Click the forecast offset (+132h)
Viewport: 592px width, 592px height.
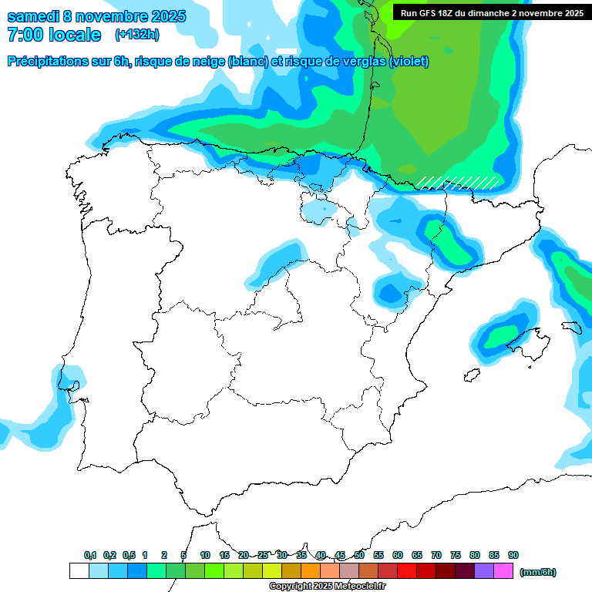pyautogui.click(x=136, y=35)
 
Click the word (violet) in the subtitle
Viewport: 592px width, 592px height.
pyautogui.click(x=409, y=62)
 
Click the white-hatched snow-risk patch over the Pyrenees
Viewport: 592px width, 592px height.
pyautogui.click(x=458, y=182)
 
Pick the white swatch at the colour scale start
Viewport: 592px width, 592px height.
pyautogui.click(x=79, y=571)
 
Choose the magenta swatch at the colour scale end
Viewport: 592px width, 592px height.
pyautogui.click(x=503, y=571)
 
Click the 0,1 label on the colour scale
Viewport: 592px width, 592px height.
pyautogui.click(x=90, y=555)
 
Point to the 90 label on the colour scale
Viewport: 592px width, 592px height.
pyautogui.click(x=513, y=555)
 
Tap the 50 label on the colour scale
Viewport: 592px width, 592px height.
pyautogui.click(x=359, y=555)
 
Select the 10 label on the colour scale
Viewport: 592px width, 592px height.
pyautogui.click(x=205, y=555)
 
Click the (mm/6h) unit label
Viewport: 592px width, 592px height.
pyautogui.click(x=538, y=572)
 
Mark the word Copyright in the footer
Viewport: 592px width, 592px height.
pyautogui.click(x=290, y=587)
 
